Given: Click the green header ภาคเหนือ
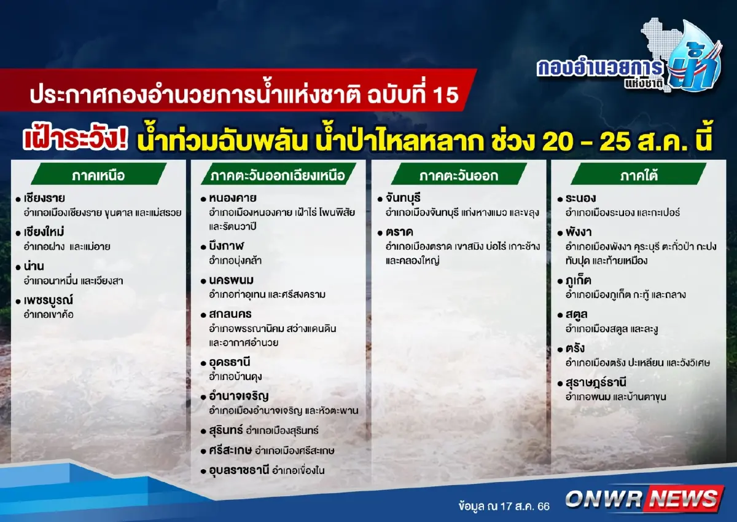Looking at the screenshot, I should (x=98, y=175).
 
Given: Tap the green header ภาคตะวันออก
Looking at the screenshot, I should (x=458, y=175).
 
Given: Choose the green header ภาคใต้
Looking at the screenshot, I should (x=638, y=175).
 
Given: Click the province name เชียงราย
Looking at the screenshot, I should (x=45, y=199).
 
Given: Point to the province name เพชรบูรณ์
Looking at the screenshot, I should (x=49, y=301).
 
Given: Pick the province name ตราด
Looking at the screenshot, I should (x=399, y=232).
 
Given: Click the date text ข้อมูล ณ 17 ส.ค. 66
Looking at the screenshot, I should (x=504, y=507).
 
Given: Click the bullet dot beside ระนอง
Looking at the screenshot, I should (x=561, y=199).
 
